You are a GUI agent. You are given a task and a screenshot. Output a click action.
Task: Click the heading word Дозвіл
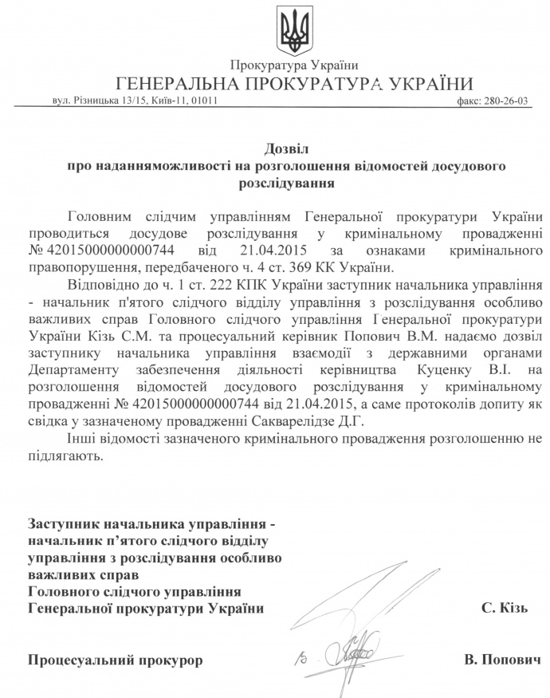(x=286, y=148)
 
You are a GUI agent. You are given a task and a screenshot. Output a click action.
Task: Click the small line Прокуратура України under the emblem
(x=294, y=65)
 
